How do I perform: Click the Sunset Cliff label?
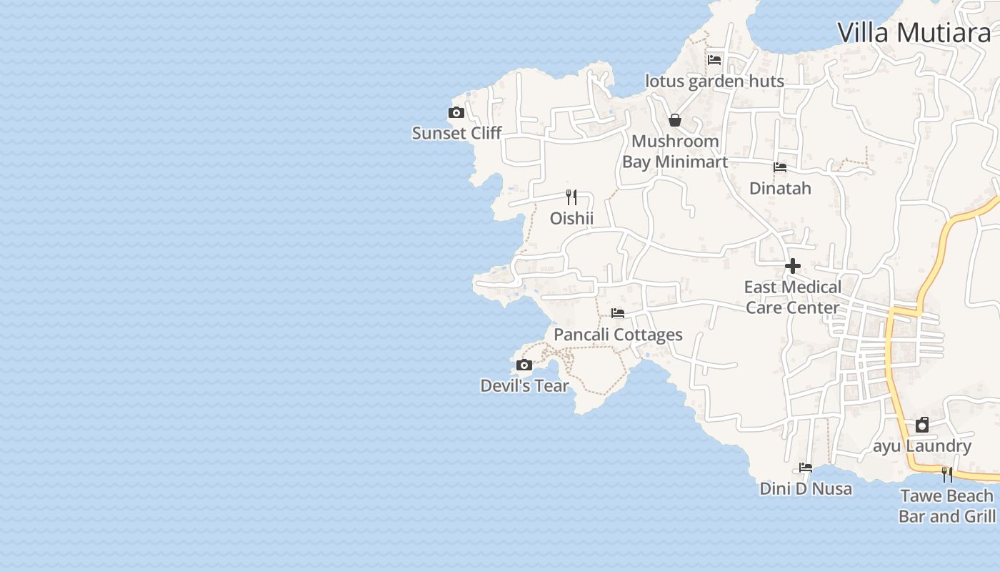tap(456, 133)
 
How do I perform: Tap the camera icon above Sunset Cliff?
tap(456, 113)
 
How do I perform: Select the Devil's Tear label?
tap(524, 386)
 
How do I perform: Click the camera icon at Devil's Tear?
tap(524, 365)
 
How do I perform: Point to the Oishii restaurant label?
tap(571, 218)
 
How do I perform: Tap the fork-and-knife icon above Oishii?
tap(571, 197)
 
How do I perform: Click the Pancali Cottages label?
tap(618, 335)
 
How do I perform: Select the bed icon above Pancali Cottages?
tap(618, 313)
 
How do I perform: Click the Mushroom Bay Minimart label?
tap(675, 152)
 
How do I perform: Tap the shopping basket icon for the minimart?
tap(675, 120)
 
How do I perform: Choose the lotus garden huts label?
tap(714, 82)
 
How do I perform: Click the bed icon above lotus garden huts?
tap(714, 60)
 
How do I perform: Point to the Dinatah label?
tap(780, 188)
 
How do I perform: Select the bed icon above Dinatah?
tap(780, 167)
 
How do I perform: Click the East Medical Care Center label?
tap(792, 297)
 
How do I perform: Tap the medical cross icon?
tap(792, 266)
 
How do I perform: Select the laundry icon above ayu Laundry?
tap(922, 425)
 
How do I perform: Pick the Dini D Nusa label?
tap(806, 489)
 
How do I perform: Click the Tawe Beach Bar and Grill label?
tap(947, 506)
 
